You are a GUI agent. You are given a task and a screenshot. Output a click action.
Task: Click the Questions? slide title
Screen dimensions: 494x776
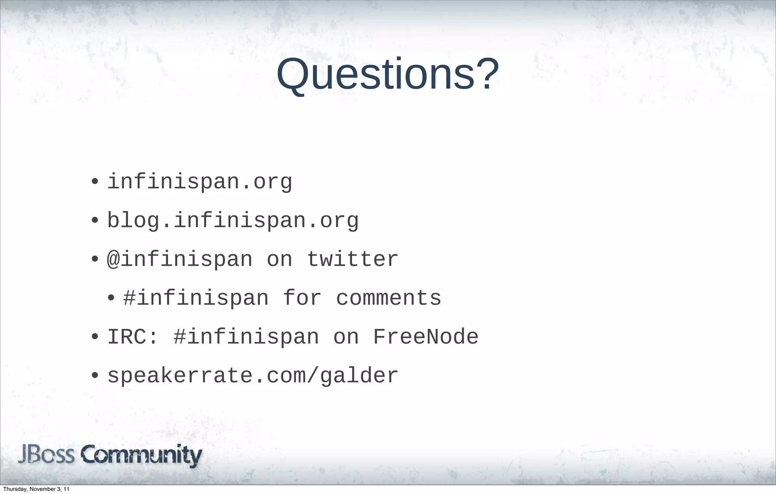387,74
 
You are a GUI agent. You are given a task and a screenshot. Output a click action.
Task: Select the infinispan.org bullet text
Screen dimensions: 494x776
200,182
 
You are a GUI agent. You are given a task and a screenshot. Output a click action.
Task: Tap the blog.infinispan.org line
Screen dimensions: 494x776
233,220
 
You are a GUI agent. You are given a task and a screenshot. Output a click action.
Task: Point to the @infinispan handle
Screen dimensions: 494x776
180,260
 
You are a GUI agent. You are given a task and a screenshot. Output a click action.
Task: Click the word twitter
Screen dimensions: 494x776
352,260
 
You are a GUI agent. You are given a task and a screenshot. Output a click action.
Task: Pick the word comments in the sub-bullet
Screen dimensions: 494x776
388,298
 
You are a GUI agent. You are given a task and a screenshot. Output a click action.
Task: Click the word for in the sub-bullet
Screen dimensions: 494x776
302,298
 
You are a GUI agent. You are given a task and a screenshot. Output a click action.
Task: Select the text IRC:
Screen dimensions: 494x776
132,337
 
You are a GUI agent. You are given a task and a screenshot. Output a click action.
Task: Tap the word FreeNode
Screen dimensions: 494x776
426,337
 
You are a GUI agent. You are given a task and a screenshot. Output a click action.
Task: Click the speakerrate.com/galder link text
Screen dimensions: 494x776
253,376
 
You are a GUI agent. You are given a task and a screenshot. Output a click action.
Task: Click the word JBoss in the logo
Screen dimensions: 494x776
46,455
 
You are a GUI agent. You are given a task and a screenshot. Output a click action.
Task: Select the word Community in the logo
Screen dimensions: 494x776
141,455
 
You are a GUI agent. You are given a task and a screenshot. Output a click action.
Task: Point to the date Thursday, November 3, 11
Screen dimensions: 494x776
36,489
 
